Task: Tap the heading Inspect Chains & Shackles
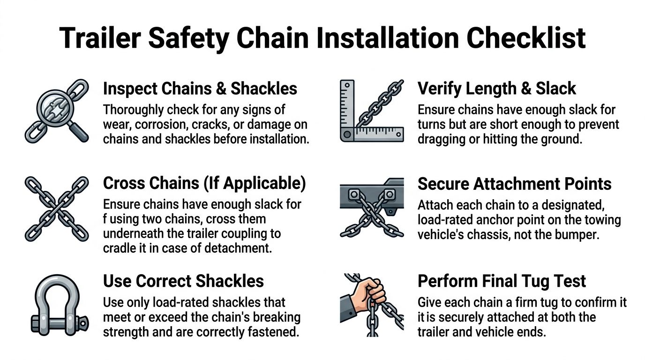pos(200,89)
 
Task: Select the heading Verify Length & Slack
pos(497,89)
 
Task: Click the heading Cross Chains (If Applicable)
pos(204,183)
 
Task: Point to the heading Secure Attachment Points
pos(514,183)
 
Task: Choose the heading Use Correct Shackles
pos(183,281)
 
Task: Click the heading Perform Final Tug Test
pos(502,281)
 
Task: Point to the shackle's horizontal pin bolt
pos(59,323)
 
